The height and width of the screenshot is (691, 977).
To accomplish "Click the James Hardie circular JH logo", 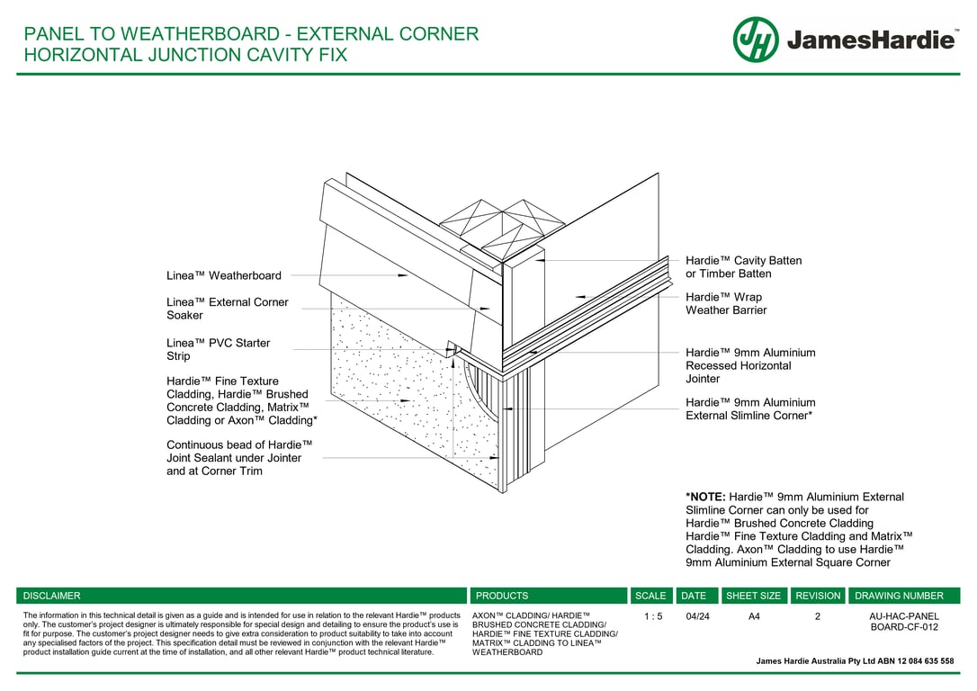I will pyautogui.click(x=756, y=40).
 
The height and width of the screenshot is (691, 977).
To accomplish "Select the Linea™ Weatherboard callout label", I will pyautogui.click(x=224, y=275).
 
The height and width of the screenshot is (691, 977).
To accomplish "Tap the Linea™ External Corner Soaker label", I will pyautogui.click(x=228, y=309).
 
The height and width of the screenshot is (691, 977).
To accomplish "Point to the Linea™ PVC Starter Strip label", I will pyautogui.click(x=219, y=349).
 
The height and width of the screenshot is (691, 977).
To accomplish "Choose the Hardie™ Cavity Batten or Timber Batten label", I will pyautogui.click(x=743, y=267).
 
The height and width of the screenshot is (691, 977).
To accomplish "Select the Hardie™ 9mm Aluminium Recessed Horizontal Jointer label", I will pyautogui.click(x=750, y=365).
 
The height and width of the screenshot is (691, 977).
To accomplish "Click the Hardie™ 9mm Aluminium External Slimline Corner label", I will pyautogui.click(x=750, y=408).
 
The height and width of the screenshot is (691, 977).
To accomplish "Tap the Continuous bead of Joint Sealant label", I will pyautogui.click(x=239, y=457).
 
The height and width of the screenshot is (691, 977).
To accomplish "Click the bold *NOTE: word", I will pyautogui.click(x=705, y=497).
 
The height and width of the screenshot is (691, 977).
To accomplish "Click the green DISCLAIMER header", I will pyautogui.click(x=52, y=596).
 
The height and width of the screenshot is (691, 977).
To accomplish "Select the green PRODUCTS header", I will pyautogui.click(x=502, y=596).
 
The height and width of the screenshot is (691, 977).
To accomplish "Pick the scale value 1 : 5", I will pyautogui.click(x=653, y=617).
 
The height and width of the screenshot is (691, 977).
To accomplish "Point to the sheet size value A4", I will pyautogui.click(x=754, y=617).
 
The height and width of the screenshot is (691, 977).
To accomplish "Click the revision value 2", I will pyautogui.click(x=818, y=617).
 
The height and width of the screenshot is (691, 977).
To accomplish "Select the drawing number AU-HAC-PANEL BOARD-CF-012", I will pyautogui.click(x=903, y=622).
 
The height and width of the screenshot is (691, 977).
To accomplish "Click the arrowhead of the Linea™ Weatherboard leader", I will pyautogui.click(x=403, y=275).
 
